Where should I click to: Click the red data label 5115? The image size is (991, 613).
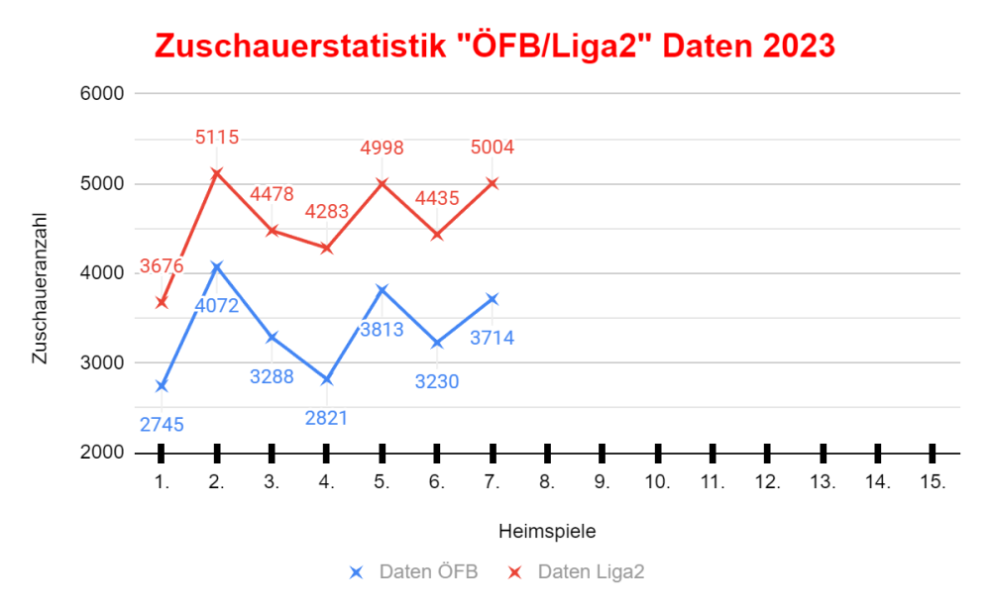tap(217, 138)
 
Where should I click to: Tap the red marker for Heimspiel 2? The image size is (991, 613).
tap(217, 173)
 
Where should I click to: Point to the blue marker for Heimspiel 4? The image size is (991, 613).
tap(327, 379)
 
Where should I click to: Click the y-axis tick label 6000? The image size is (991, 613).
tap(101, 94)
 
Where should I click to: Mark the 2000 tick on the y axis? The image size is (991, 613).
tap(101, 453)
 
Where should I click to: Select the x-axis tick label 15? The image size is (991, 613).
tap(933, 483)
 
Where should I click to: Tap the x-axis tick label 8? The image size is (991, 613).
tap(546, 483)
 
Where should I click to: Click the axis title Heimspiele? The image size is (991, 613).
tap(547, 531)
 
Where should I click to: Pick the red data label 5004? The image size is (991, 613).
tap(493, 148)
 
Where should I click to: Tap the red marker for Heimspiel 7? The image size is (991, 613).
tap(493, 183)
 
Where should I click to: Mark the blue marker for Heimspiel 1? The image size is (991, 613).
tap(162, 385)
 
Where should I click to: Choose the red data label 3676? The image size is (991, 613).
tap(162, 265)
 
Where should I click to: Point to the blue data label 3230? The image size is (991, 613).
tap(437, 380)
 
